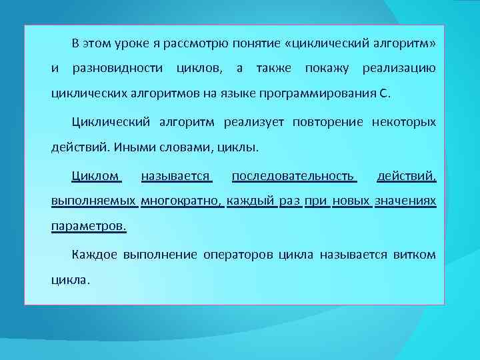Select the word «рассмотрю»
click(185, 44)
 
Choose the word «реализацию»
click(399, 69)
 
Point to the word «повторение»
click(322, 122)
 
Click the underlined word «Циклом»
click(95, 176)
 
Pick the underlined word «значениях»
click(405, 201)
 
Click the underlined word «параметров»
click(89, 226)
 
